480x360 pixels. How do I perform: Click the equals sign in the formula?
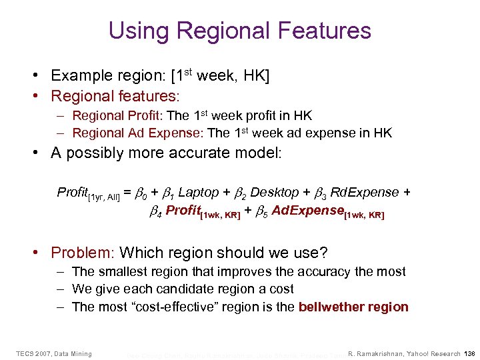point(127,193)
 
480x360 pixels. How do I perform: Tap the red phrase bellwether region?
point(353,307)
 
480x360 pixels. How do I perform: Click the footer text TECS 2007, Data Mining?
point(54,353)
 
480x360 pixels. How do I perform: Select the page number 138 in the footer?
point(469,353)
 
